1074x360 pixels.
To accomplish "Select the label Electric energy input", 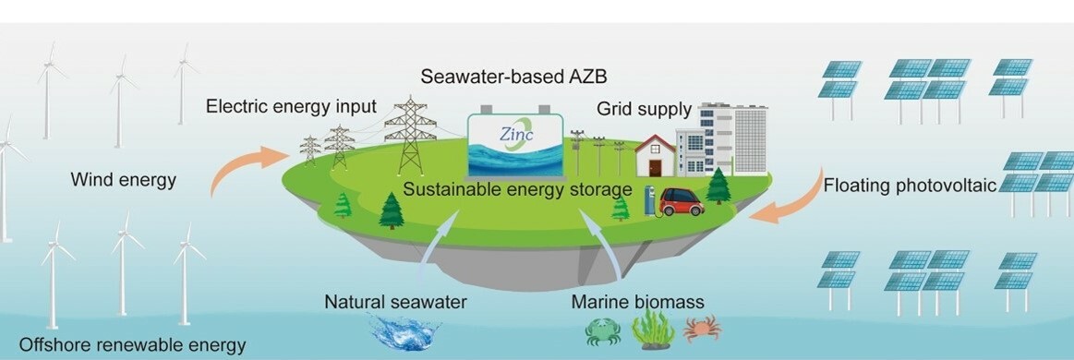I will [280, 106].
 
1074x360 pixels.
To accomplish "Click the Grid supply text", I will [644, 110].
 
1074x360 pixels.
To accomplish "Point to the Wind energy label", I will [123, 180].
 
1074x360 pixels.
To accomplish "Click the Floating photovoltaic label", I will [910, 186].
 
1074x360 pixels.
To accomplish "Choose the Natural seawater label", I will [395, 302].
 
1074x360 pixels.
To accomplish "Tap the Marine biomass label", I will [637, 302].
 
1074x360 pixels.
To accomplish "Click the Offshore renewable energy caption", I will [133, 345].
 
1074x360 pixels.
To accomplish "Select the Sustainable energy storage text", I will [516, 190].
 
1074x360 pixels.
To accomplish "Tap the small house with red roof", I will [655, 156].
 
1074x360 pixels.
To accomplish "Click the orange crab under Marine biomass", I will [702, 329].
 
